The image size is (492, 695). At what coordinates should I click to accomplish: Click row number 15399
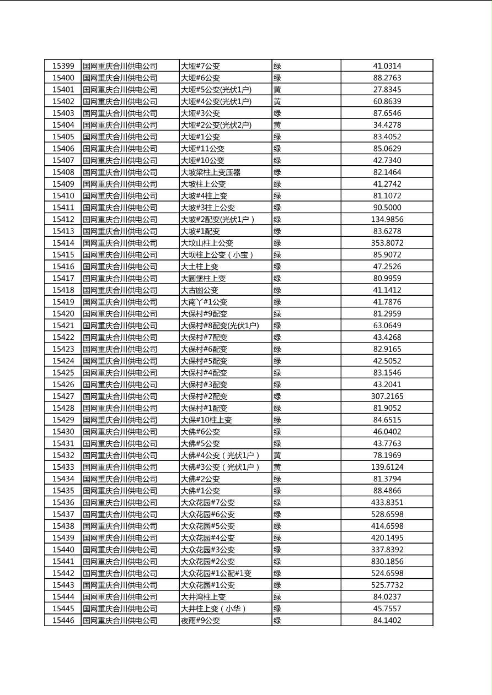coord(63,66)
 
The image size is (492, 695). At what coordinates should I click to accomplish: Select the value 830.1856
coord(387,562)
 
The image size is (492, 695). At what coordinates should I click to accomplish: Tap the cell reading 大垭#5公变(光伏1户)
coord(216,90)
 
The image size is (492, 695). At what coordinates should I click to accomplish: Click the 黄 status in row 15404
coord(277,125)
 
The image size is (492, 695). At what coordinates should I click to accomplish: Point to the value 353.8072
coord(387,243)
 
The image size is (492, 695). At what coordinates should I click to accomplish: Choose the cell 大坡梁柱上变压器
coord(211,172)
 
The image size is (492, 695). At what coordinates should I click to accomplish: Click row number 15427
coord(63,397)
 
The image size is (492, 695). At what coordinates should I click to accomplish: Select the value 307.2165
coord(387,397)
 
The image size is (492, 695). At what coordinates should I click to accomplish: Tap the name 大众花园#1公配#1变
coord(216,573)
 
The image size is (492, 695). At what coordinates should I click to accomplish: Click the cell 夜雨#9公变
coord(200,621)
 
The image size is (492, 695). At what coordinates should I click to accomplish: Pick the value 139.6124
coord(387,467)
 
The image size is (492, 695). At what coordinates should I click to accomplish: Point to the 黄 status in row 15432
coord(277,455)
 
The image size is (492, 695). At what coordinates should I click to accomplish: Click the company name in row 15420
coord(120,314)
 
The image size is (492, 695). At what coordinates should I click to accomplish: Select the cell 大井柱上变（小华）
coord(214,609)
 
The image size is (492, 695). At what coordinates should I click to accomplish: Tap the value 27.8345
coord(387,90)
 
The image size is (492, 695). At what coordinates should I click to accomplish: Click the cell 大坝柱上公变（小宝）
coord(218,255)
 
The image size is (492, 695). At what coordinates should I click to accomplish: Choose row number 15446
coord(63,621)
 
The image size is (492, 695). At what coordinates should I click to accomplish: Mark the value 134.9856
coord(387,219)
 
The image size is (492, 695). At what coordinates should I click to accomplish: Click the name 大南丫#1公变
coord(204,302)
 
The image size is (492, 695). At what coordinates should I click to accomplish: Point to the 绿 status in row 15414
coord(277,243)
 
